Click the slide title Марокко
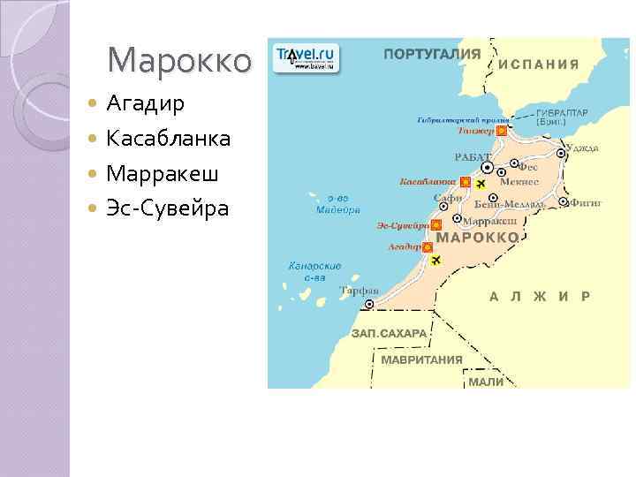click(179, 61)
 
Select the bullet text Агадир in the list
click(145, 104)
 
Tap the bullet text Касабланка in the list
click(169, 139)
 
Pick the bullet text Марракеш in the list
click(162, 174)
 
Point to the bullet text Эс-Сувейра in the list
click(167, 209)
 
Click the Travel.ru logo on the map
click(306, 57)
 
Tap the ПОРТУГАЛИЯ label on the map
click(432, 54)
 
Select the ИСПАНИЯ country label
click(539, 64)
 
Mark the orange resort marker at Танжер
click(501, 131)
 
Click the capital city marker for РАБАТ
click(487, 168)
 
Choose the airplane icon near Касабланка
click(481, 184)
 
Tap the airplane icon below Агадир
click(435, 260)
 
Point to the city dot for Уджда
click(561, 153)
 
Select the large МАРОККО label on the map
click(478, 238)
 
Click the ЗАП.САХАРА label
click(389, 334)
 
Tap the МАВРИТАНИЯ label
click(422, 360)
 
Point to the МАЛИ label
click(486, 382)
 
